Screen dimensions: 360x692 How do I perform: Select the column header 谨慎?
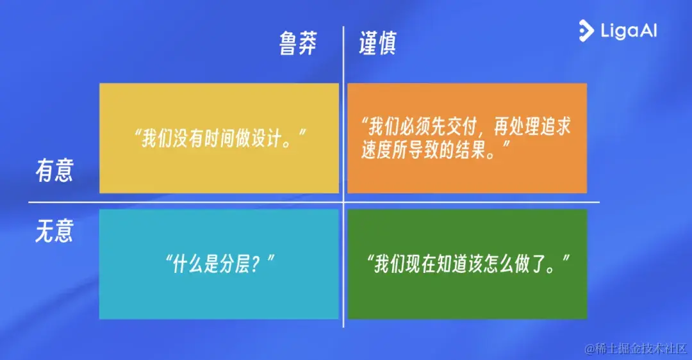click(x=377, y=44)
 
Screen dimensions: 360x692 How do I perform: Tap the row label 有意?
click(x=54, y=171)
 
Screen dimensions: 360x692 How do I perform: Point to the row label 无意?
click(x=54, y=231)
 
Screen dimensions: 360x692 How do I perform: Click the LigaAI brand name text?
click(x=629, y=31)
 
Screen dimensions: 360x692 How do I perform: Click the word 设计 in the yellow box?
click(x=273, y=138)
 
